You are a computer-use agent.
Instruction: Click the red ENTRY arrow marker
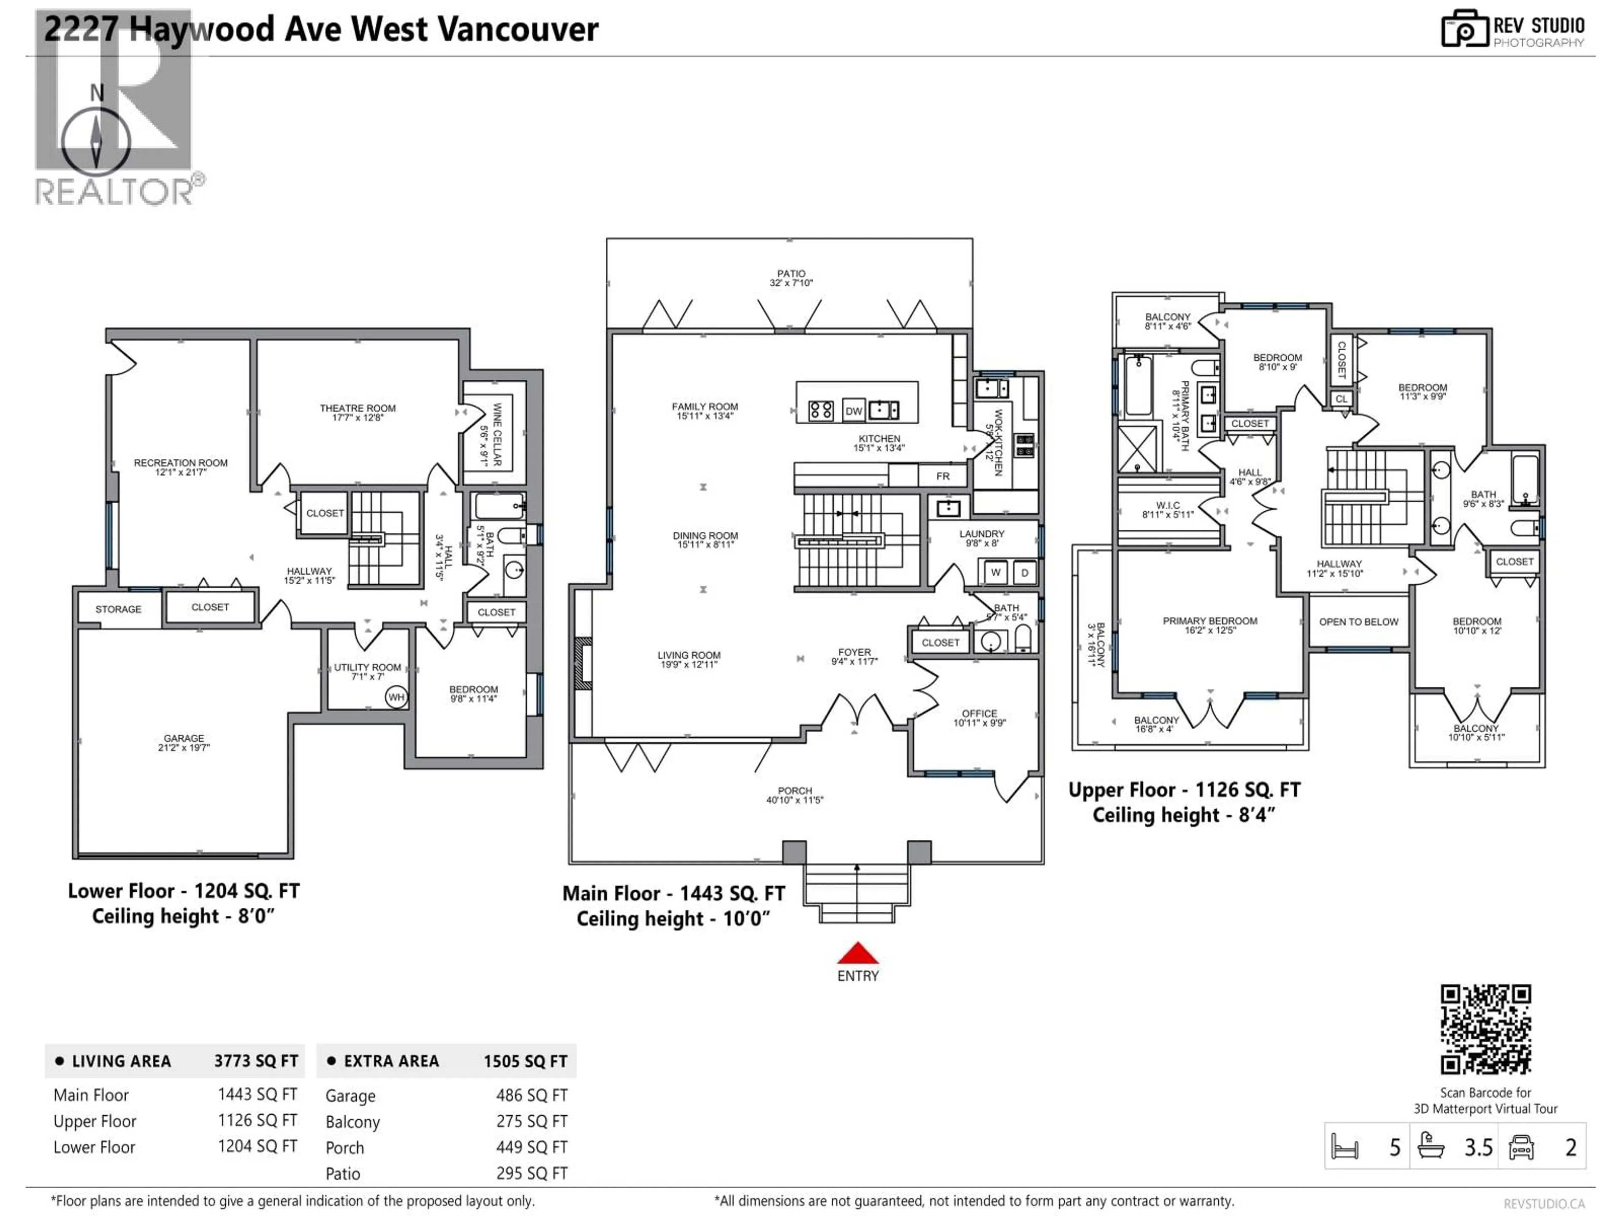[857, 954]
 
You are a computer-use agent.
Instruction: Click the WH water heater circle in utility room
[396, 697]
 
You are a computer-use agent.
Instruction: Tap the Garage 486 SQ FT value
[531, 1095]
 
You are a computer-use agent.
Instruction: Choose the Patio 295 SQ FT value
[531, 1173]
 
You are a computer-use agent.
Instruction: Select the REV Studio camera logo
[1464, 29]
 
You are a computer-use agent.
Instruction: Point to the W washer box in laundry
[995, 573]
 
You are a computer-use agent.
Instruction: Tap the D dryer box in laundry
[1025, 573]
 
